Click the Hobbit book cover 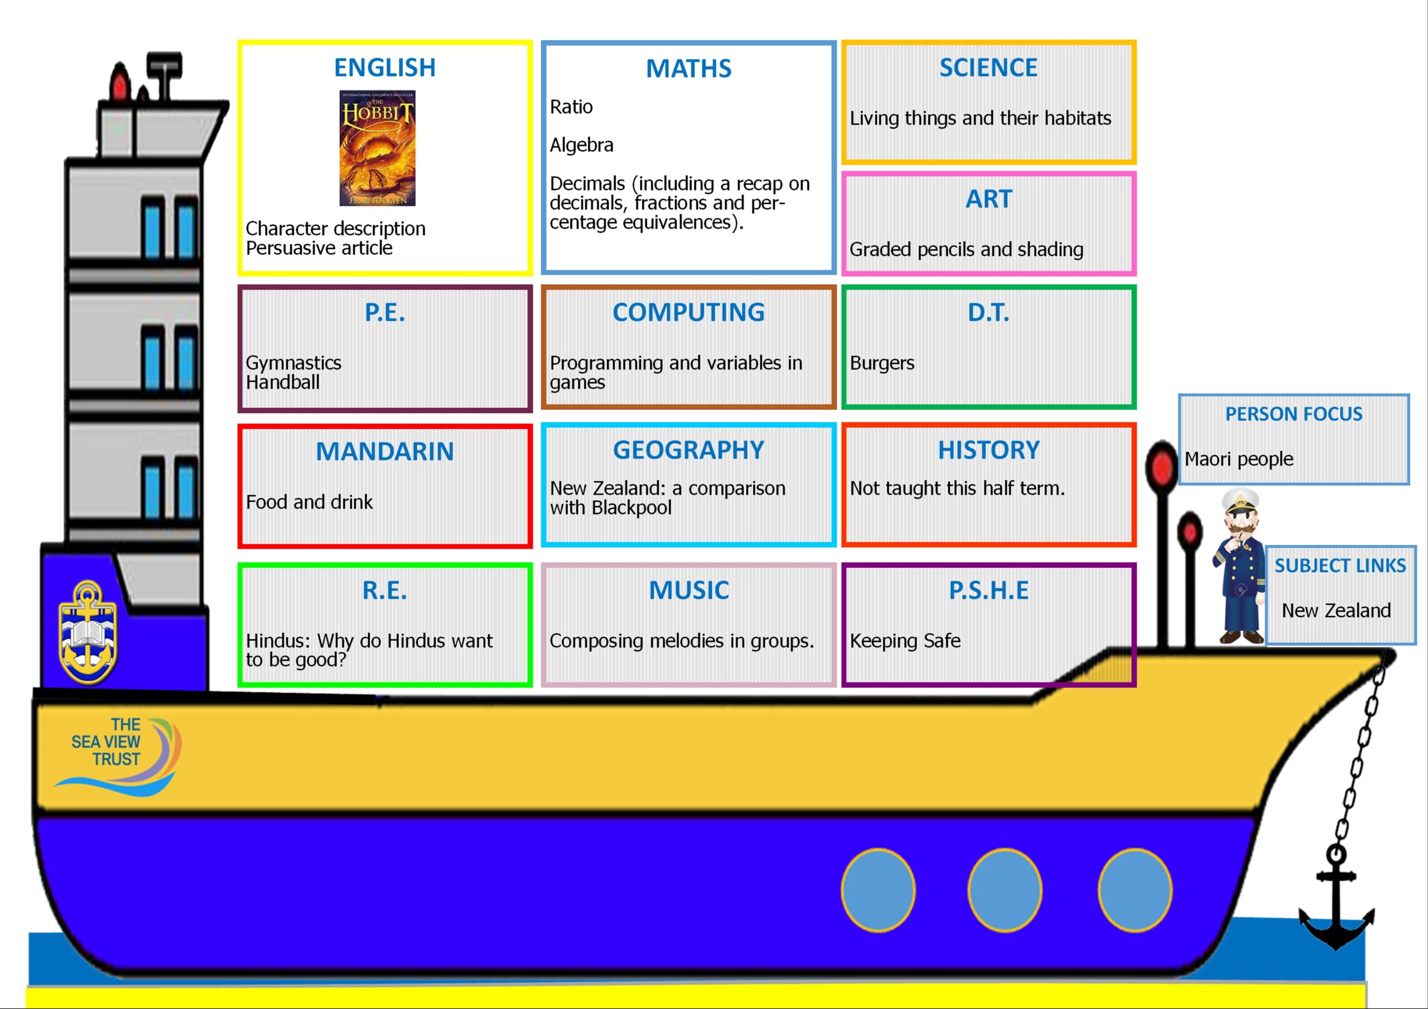377,148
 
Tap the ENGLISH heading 385,67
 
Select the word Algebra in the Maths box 582,145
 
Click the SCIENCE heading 988,67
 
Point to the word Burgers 882,363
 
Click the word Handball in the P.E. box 283,382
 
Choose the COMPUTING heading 688,312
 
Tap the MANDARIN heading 385,452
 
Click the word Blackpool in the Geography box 631,508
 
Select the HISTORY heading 989,450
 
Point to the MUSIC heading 688,590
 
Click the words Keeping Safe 905,641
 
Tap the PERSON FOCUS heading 1294,414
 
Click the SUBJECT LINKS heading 1340,566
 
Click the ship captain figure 1239,566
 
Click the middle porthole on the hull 1005,890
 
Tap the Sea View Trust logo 118,756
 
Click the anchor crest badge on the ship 88,632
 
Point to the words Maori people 1239,459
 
